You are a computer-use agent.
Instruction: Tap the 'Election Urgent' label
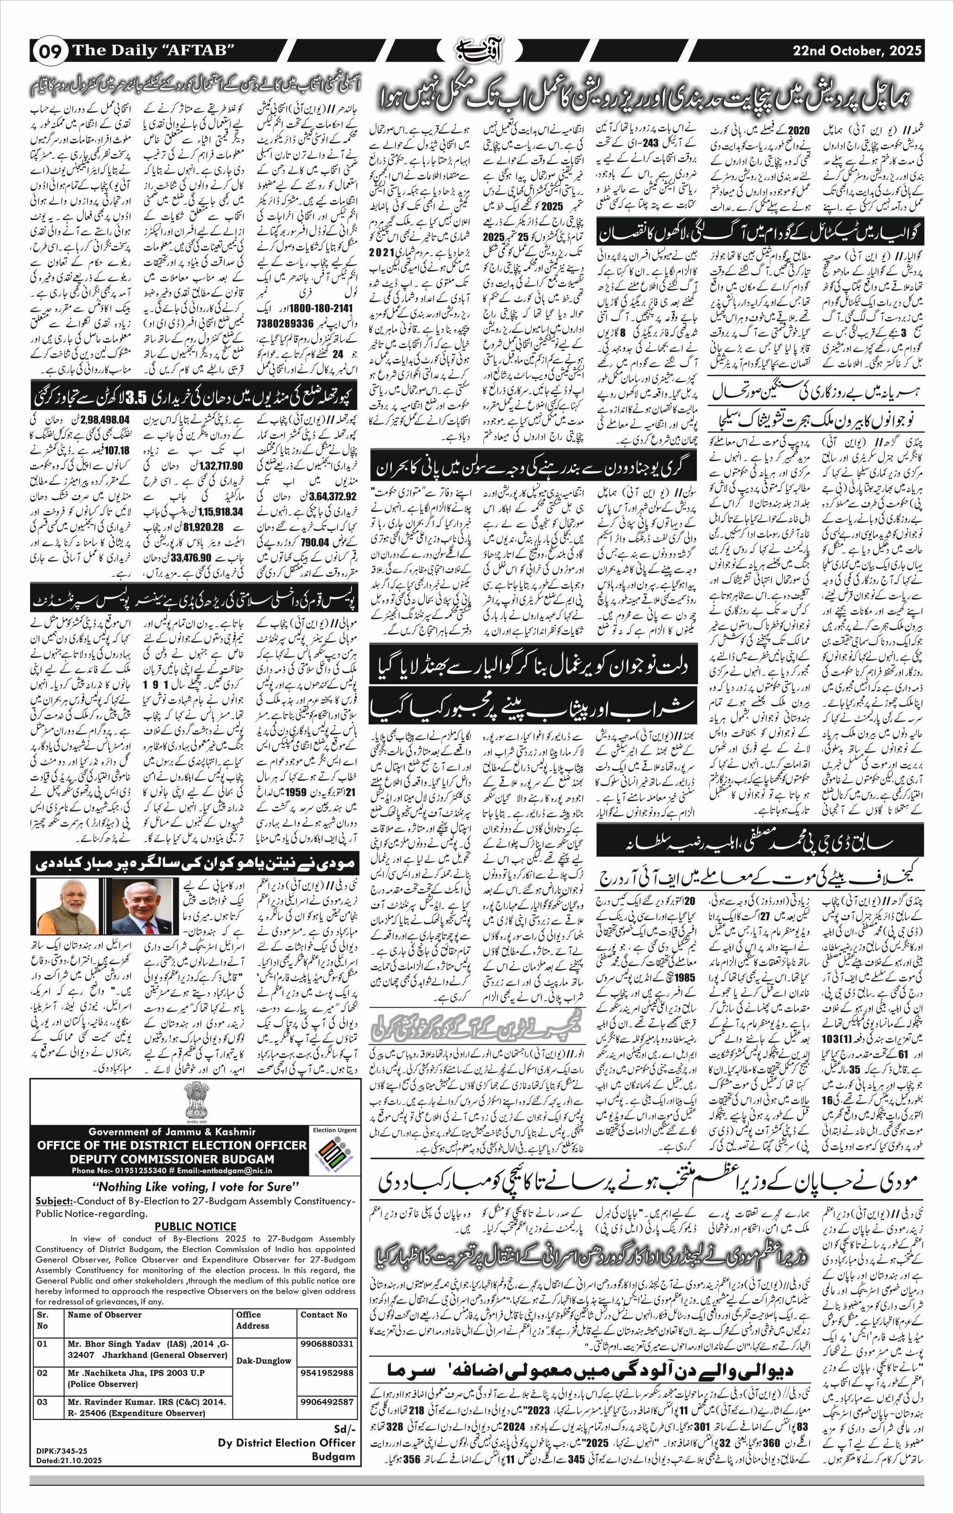coord(334,1130)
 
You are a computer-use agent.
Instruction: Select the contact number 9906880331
coord(326,1344)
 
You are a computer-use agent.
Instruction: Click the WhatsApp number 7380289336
coord(285,323)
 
